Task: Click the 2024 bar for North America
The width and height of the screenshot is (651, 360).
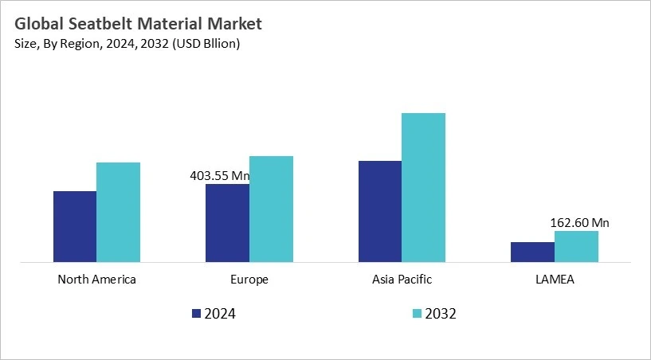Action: pos(75,226)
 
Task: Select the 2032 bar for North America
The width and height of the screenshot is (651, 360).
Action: pos(118,212)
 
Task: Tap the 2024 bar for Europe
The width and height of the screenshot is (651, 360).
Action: pos(227,223)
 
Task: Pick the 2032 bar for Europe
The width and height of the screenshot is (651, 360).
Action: pos(271,209)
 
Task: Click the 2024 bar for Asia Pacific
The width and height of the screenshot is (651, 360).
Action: pos(380,211)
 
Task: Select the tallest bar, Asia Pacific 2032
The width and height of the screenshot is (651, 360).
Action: pos(423,187)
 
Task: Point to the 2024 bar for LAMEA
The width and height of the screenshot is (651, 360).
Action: pos(532,252)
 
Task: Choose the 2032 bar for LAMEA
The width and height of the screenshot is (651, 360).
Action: pos(576,246)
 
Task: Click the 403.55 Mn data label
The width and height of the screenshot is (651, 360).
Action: pos(219,176)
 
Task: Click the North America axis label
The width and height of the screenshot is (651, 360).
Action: pos(97,280)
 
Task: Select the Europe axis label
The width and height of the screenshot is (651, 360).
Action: pos(249,280)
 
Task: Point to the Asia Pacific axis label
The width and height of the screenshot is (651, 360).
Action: pos(402,280)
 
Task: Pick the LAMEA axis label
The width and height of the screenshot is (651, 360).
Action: pos(554,280)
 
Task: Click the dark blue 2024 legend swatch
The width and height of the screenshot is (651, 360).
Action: pos(197,314)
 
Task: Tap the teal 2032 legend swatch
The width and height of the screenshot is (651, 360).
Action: pos(415,314)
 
